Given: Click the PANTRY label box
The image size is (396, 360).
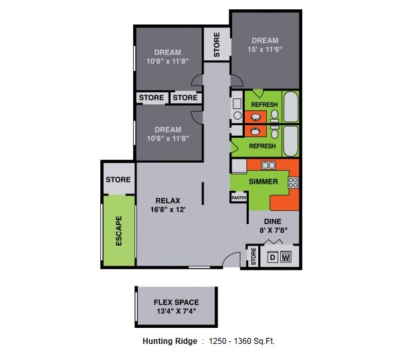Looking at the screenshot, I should pos(239,197).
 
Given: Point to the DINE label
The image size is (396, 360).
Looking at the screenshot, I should pos(272,221).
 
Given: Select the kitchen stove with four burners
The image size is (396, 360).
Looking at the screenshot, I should pos(292,181).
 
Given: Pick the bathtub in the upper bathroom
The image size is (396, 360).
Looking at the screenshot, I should pos(290,106).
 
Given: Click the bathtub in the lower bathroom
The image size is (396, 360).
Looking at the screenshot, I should pos(290,139).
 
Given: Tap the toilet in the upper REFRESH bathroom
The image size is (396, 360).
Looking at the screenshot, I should pos(274,114).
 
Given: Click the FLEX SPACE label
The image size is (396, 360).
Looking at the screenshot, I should pos(176,302).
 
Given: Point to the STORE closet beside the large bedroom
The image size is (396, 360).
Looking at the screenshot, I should pos(216,45).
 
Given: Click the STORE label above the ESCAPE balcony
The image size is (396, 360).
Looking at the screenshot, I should pos(118,179).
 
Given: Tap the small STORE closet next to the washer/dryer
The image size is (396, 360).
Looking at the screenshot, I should pos(254,256).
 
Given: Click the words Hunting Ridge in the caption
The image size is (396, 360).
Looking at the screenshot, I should pos(170,341).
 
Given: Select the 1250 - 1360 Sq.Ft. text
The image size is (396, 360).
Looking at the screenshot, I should pos(241,341).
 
